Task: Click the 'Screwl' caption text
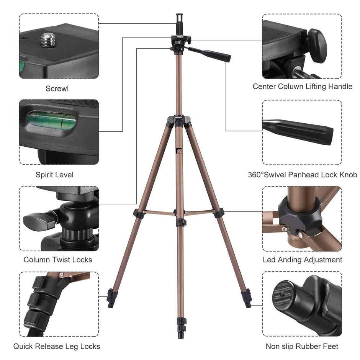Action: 57,88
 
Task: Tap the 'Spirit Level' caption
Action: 54,175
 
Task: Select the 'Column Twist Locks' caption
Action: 58,260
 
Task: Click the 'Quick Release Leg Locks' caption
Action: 57,346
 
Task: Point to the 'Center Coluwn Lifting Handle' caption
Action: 302,87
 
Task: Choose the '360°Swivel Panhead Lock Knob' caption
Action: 302,175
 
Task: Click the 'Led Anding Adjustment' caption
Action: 302,260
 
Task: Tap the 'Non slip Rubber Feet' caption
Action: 302,346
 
